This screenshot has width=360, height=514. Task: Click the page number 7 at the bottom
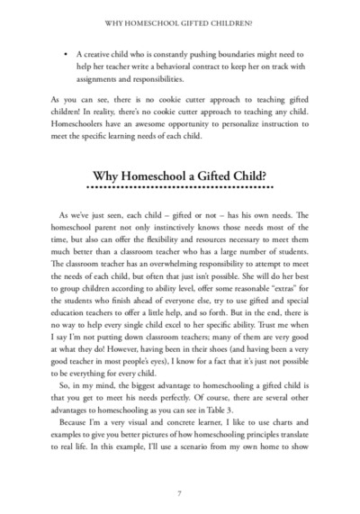click(x=180, y=492)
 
